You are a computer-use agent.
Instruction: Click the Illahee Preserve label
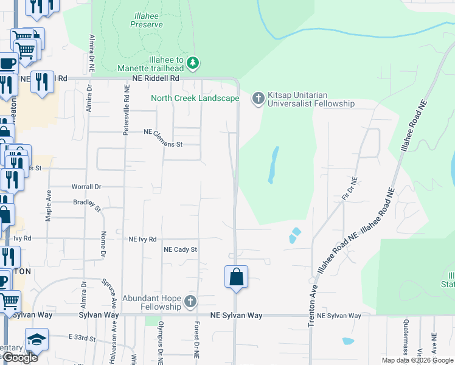point(147,20)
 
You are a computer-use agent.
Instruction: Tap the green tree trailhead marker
point(193,62)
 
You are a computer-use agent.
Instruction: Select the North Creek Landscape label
point(195,98)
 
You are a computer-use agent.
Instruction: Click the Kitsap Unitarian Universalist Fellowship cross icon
point(258,98)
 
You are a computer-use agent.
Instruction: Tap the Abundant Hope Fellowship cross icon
point(190,302)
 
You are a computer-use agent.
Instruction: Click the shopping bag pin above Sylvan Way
point(236,277)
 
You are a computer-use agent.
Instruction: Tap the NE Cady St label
point(181,249)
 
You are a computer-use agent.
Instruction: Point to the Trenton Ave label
point(312,305)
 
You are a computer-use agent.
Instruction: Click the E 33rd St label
point(83,337)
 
